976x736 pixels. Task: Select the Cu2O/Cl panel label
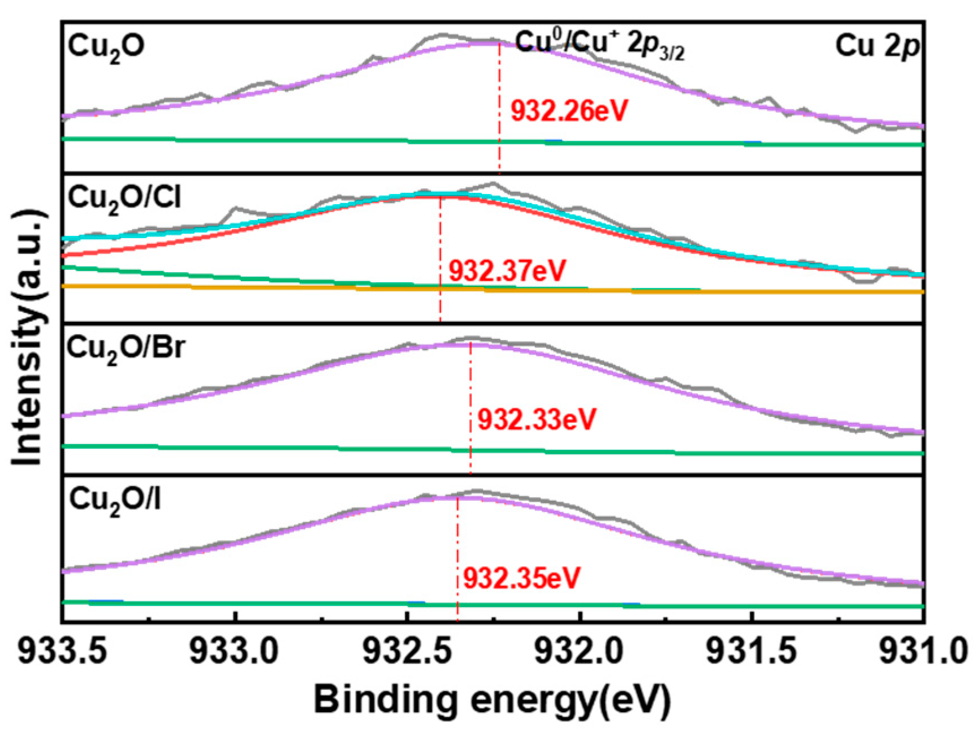click(124, 199)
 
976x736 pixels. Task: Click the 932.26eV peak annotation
click(569, 111)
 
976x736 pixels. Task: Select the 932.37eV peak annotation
click(507, 271)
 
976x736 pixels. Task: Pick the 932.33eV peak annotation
click(537, 420)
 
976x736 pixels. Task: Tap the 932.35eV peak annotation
click(521, 578)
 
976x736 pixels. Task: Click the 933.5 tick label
click(62, 652)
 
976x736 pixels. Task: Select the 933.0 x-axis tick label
click(234, 652)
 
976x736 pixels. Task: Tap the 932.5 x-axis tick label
click(407, 652)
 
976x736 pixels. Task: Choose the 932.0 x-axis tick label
click(580, 652)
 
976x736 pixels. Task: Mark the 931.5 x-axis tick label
click(753, 652)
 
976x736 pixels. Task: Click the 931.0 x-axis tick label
click(923, 652)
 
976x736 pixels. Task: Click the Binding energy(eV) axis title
click(492, 700)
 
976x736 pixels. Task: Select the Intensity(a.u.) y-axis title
click(27, 338)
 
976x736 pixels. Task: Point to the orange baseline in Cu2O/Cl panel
click(792, 291)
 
